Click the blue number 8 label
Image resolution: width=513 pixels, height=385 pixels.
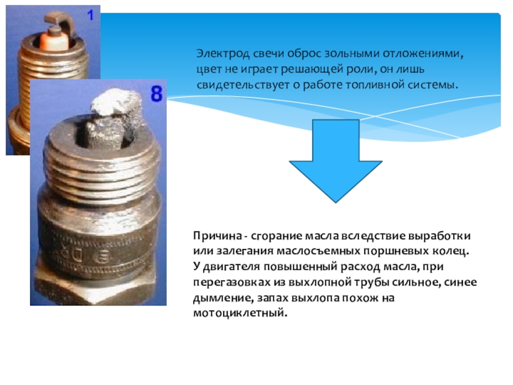(x=156, y=93)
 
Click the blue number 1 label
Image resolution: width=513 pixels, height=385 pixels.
(x=90, y=15)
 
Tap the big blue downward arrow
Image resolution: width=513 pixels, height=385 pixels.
(x=335, y=161)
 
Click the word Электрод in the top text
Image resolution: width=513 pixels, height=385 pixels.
(x=223, y=54)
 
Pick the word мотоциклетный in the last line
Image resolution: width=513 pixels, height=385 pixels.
(x=240, y=313)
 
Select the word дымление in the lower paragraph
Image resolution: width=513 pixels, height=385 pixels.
(x=223, y=298)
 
